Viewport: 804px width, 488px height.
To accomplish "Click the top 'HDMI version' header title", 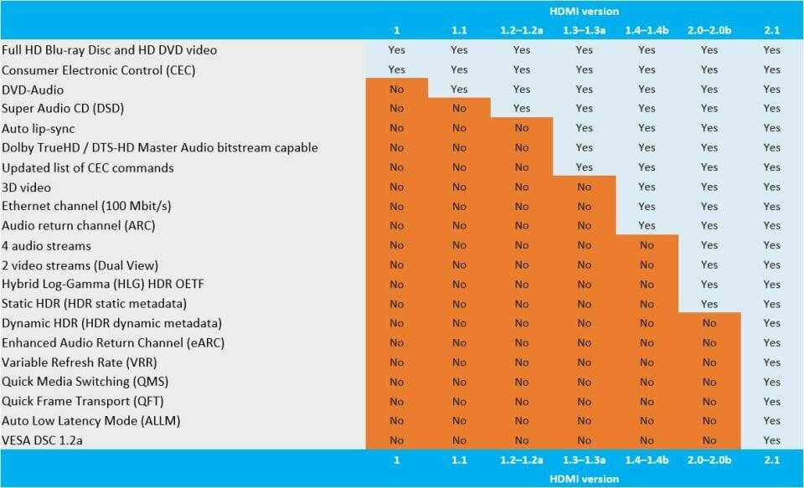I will pyautogui.click(x=585, y=12).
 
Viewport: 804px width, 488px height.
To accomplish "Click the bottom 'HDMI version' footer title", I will pyautogui.click(x=585, y=478).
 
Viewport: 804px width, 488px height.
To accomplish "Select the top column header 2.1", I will pyautogui.click(x=772, y=31).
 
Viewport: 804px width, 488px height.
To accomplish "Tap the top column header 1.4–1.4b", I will pyautogui.click(x=647, y=31).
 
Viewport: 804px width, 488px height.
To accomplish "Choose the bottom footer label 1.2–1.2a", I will pyautogui.click(x=522, y=460).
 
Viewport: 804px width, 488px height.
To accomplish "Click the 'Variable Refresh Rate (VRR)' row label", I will pyautogui.click(x=80, y=362).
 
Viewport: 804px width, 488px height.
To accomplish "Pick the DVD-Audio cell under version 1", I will pyautogui.click(x=397, y=90).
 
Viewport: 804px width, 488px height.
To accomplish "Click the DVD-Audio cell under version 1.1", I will pyautogui.click(x=459, y=90).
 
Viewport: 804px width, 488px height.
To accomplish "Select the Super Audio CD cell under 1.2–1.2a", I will pyautogui.click(x=522, y=109).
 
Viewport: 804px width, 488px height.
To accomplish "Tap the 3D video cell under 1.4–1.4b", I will pyautogui.click(x=647, y=187).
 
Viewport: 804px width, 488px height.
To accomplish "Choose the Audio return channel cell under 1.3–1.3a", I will pyautogui.click(x=585, y=226).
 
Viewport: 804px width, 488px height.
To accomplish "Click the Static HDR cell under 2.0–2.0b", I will pyautogui.click(x=709, y=304).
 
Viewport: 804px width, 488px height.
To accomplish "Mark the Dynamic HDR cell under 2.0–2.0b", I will pyautogui.click(x=709, y=323).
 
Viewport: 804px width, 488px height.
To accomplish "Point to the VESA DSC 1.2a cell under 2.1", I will pyautogui.click(x=772, y=440).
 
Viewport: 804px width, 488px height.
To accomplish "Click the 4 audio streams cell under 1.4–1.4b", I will pyautogui.click(x=647, y=245).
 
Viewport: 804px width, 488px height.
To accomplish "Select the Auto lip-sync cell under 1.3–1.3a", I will pyautogui.click(x=585, y=128).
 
